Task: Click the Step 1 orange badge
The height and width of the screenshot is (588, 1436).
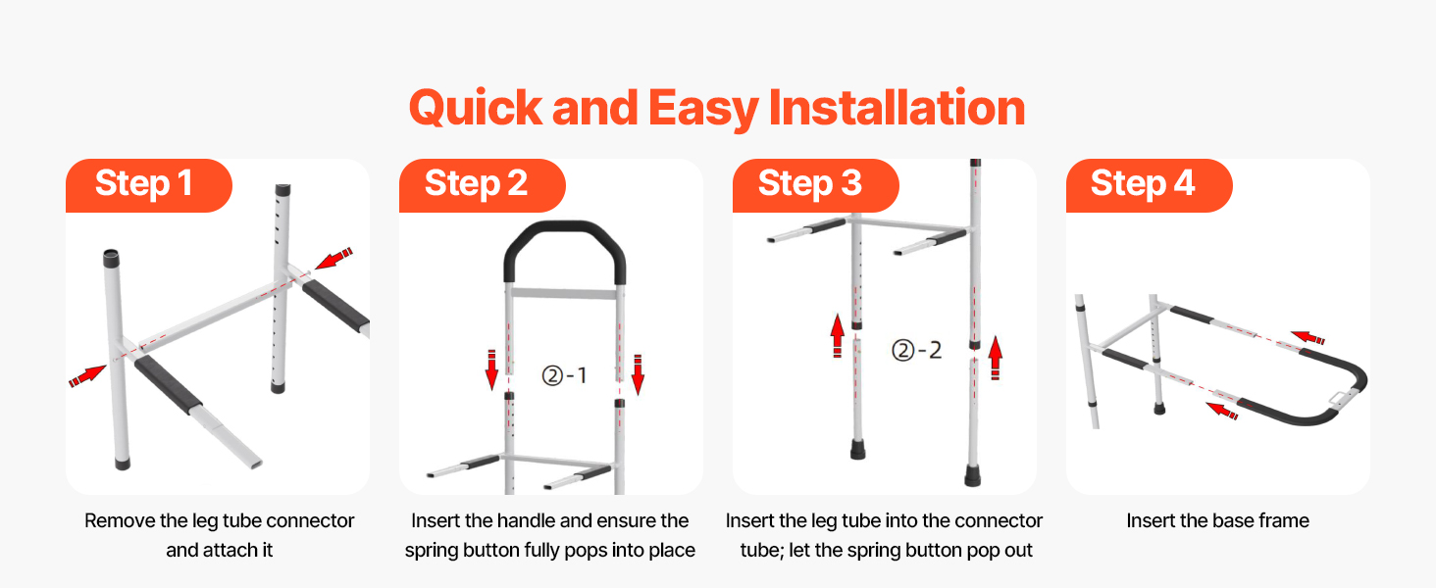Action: click(149, 185)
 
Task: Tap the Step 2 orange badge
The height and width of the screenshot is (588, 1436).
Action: click(482, 185)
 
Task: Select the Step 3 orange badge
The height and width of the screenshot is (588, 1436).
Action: click(815, 185)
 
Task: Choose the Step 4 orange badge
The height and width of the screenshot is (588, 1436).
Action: click(1149, 185)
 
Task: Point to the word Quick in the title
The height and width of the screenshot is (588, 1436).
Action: click(476, 109)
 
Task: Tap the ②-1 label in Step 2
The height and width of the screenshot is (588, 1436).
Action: click(565, 375)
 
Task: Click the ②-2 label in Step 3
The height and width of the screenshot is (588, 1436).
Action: click(917, 351)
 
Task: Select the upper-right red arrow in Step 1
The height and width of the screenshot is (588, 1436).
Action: click(334, 258)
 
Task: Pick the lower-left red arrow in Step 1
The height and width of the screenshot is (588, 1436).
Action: click(87, 376)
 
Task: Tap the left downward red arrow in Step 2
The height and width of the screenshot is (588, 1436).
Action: click(491, 369)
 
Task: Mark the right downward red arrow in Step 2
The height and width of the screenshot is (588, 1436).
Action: click(638, 374)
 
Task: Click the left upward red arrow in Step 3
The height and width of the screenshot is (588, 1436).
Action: click(838, 335)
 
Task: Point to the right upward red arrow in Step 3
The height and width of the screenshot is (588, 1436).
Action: click(996, 358)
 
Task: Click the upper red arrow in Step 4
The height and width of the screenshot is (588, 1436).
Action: click(1308, 337)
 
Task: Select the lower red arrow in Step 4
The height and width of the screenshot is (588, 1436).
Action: click(1222, 411)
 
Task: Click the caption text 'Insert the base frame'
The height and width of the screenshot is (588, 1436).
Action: click(1217, 520)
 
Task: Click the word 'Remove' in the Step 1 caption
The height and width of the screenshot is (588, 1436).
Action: click(120, 520)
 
